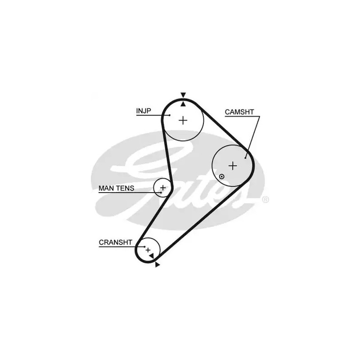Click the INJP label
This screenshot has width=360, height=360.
click(144, 111)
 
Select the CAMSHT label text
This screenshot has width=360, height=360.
click(239, 112)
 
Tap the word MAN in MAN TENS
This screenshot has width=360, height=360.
click(107, 188)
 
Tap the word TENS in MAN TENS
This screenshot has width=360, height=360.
click(126, 188)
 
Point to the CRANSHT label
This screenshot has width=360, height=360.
click(116, 243)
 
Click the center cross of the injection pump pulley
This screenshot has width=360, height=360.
click(183, 120)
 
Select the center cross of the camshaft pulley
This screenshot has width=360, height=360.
click(233, 166)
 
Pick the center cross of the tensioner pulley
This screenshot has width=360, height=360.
click(163, 188)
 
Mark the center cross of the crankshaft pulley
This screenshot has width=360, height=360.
click(148, 250)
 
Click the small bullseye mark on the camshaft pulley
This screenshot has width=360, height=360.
click(221, 176)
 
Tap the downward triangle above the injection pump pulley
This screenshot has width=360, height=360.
click(183, 95)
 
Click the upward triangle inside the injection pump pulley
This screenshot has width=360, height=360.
click(183, 104)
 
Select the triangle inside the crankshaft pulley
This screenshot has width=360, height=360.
click(152, 256)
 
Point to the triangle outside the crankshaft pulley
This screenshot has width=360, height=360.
click(157, 265)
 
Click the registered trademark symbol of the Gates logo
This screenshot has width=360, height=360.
click(265, 200)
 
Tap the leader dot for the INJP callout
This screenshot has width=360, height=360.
click(170, 115)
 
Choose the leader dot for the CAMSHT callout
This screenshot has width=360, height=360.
click(245, 158)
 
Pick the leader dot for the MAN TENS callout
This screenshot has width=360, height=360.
click(161, 193)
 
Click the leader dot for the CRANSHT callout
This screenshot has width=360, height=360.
click(145, 247)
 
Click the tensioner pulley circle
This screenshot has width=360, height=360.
click(162, 188)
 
